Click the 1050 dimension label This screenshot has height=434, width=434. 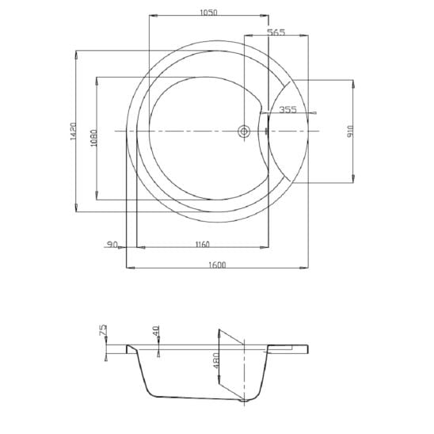[209, 13]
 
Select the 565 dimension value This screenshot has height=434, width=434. [276, 32]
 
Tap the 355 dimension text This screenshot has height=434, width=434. [287, 110]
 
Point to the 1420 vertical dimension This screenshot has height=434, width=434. [73, 131]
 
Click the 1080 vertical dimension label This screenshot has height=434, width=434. [93, 138]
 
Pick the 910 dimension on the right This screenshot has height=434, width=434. [350, 131]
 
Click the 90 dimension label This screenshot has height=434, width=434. [112, 245]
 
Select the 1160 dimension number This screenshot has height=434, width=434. [203, 245]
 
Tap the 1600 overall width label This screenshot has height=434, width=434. [217, 265]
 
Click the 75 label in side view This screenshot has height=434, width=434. [103, 330]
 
